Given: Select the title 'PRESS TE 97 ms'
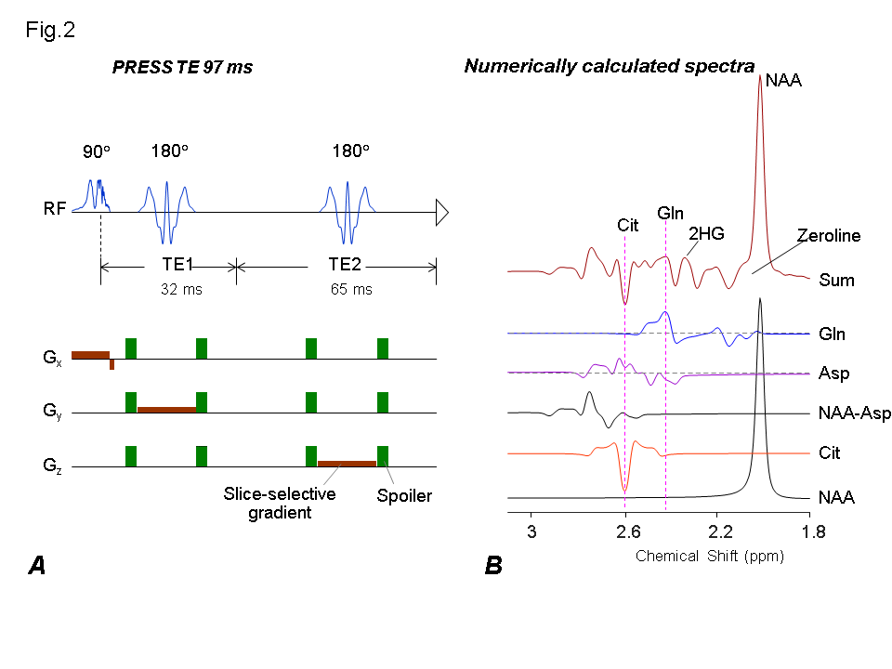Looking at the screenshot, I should (x=182, y=67).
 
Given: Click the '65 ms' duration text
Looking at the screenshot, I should (x=350, y=289).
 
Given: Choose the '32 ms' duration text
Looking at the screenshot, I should (x=180, y=289).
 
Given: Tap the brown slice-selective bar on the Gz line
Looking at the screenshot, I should (x=347, y=463).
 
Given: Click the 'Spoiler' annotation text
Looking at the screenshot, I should (x=403, y=496).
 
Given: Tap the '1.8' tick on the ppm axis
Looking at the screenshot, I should (x=811, y=532).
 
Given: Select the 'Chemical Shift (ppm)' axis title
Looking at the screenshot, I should (x=710, y=557).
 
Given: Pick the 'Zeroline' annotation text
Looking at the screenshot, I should (x=830, y=236).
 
